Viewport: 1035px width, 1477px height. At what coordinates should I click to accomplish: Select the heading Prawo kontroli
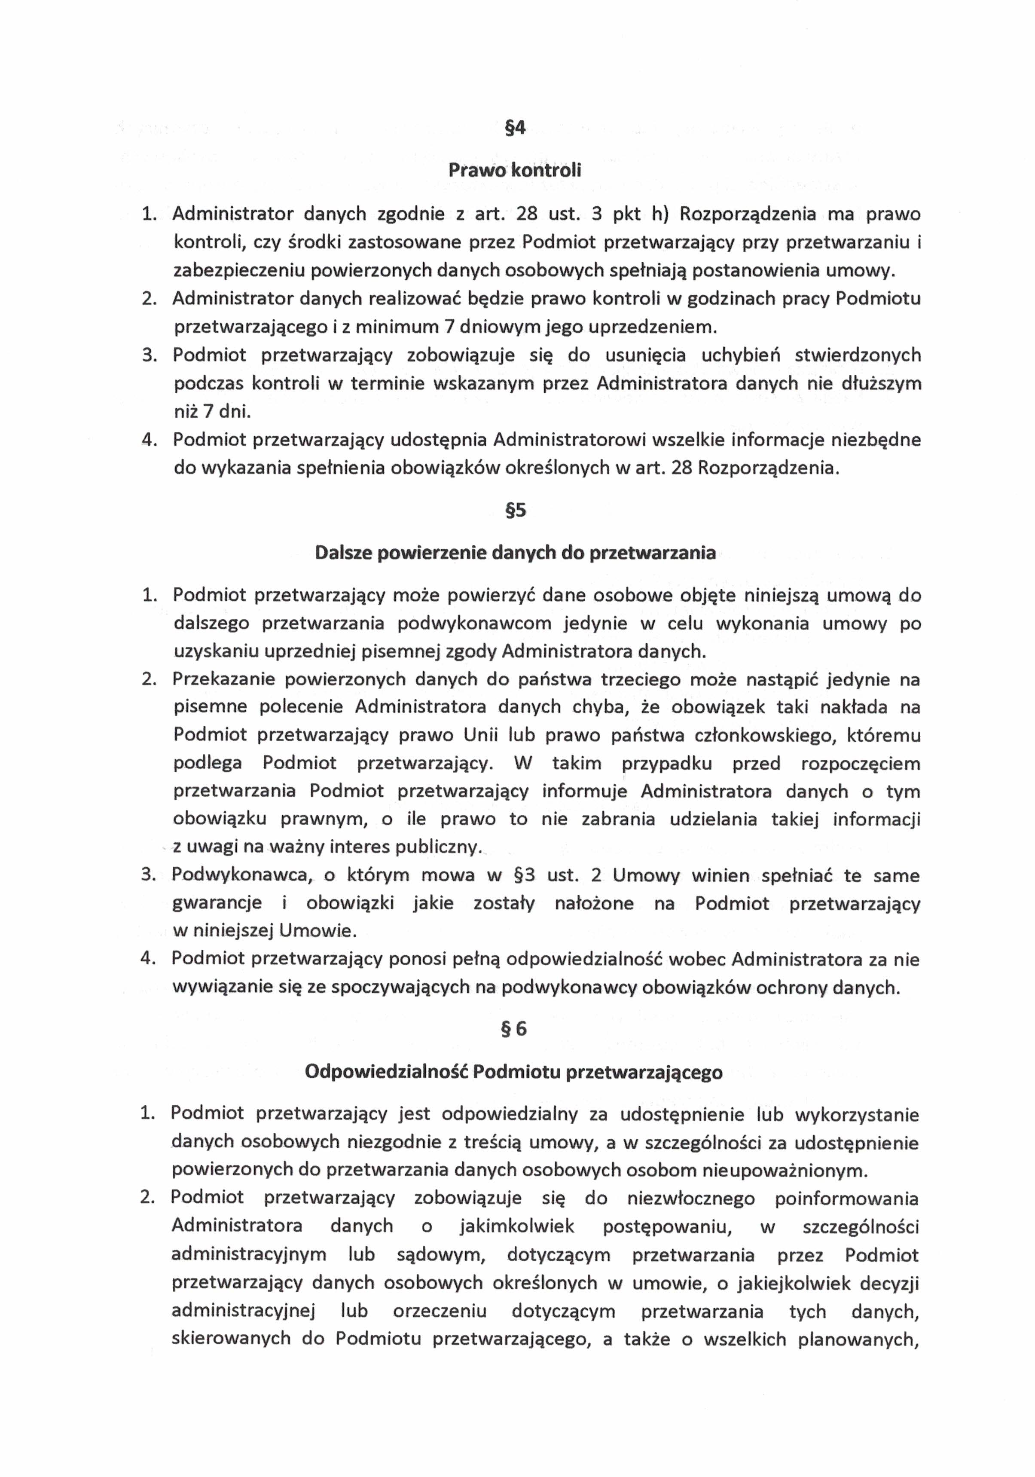tap(515, 171)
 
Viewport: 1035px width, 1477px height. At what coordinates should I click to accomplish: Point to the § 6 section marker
tap(514, 1029)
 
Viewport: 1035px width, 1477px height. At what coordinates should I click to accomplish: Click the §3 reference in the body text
tap(525, 875)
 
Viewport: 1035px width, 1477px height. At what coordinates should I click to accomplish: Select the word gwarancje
tap(217, 904)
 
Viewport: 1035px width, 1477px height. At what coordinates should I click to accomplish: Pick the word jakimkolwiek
tap(516, 1226)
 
